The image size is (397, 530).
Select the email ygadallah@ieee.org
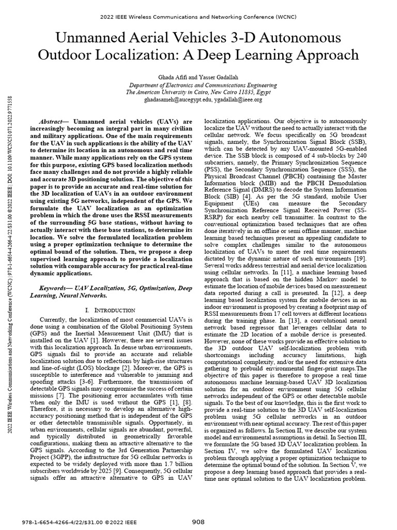[x=233, y=99]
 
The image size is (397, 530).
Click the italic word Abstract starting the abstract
[x=53, y=120]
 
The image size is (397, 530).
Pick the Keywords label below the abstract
[x=55, y=287]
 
